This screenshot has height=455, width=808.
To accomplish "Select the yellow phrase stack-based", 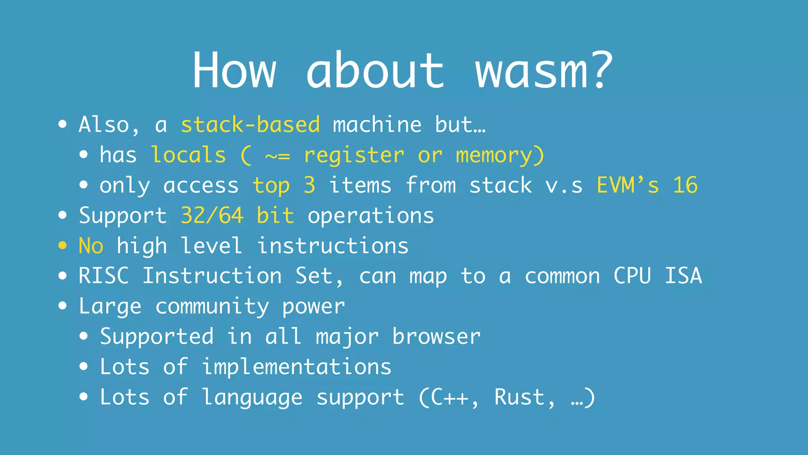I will tap(250, 125).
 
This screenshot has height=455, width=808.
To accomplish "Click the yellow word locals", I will tap(189, 155).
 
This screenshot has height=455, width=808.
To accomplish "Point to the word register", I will tap(354, 156).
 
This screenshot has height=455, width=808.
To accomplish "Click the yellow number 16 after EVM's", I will tap(685, 185).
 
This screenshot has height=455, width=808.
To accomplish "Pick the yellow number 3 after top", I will tap(310, 185).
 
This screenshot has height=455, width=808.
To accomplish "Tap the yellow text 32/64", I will tap(212, 216).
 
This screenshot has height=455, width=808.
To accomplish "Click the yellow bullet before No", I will tap(62, 246).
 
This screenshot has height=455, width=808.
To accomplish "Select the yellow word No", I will tap(91, 246).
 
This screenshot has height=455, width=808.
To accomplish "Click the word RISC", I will tap(104, 276).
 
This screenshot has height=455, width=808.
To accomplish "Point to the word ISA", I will tap(683, 276).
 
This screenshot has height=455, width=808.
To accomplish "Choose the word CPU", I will tap(632, 276).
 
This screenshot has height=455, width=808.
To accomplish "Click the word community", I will tap(212, 307).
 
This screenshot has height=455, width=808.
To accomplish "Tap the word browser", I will tap(436, 337).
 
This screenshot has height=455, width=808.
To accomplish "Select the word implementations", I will tap(297, 367).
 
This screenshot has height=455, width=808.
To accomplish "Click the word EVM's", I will tap(628, 185).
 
